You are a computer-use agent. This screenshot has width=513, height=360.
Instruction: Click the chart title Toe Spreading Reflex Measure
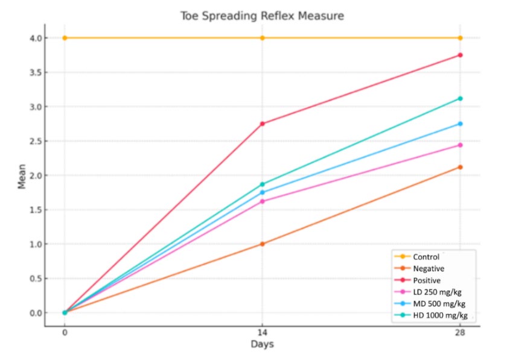[x=261, y=16]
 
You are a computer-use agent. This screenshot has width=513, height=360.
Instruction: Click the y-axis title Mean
[x=22, y=176]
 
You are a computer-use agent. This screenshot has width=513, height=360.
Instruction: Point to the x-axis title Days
[x=263, y=344]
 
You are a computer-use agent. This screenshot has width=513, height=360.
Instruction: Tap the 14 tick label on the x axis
[x=263, y=331]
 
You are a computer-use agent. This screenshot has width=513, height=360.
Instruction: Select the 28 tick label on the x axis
[x=460, y=331]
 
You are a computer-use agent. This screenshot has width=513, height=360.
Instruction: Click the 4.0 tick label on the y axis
[x=34, y=38]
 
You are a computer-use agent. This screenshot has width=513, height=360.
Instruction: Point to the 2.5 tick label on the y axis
[x=34, y=141]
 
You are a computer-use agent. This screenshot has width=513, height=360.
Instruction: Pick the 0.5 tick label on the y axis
[x=34, y=279]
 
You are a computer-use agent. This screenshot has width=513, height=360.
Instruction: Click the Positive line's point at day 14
[x=263, y=124]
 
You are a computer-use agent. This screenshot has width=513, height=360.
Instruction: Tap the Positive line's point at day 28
[x=460, y=55]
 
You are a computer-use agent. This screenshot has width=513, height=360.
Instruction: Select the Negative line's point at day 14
[x=263, y=244]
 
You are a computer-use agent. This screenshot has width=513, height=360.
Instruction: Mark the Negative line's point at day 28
[x=460, y=167]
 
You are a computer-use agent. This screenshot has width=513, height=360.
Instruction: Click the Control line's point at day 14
[x=263, y=38]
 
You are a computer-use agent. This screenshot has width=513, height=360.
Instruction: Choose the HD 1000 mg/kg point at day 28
[x=460, y=98]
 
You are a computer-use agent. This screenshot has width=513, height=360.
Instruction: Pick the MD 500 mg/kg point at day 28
[x=460, y=124]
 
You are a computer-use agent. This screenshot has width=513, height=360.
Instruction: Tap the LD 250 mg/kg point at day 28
[x=460, y=145]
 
